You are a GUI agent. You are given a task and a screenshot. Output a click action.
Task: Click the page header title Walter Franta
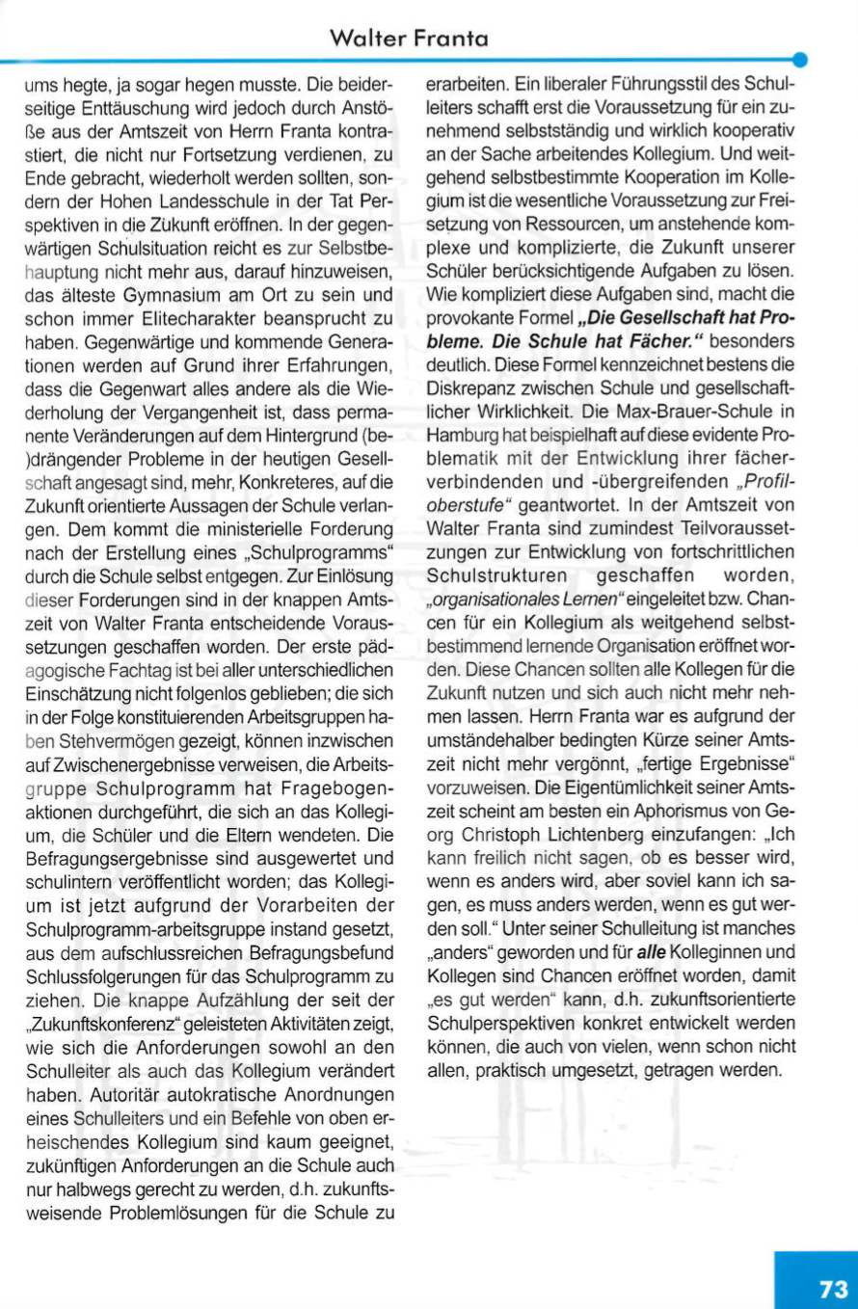(x=408, y=39)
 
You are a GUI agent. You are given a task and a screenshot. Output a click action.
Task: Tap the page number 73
(x=833, y=1290)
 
